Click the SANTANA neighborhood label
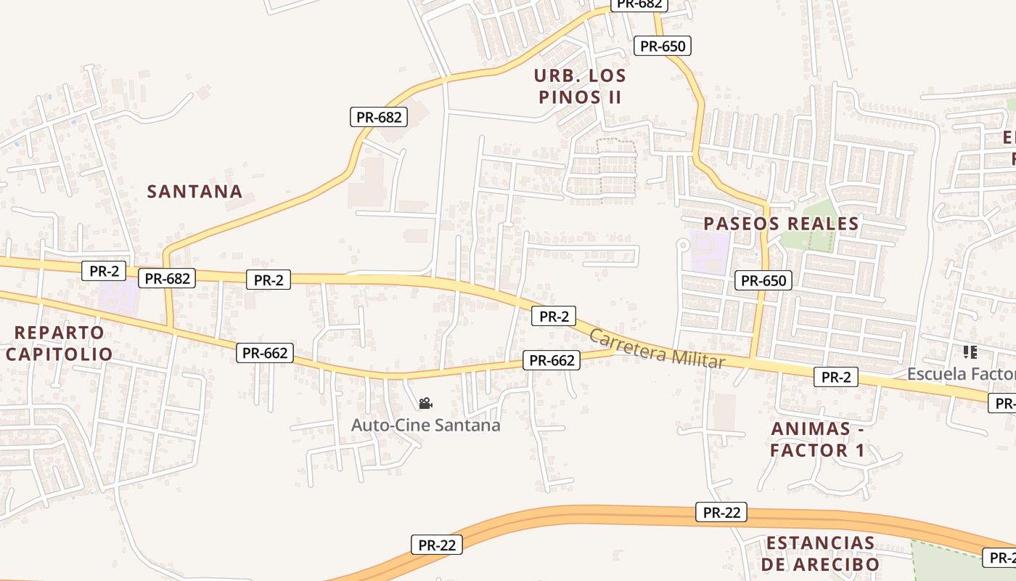point(194,192)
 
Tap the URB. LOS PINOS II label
point(580,86)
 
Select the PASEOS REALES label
point(781,224)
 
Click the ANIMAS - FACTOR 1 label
point(817,439)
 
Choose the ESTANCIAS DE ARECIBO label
point(820,553)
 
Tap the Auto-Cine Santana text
point(425,425)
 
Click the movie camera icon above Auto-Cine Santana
point(425,403)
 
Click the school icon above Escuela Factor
point(970,353)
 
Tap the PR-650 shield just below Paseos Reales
point(763,280)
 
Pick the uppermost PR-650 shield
point(663,46)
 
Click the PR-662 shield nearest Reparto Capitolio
point(266,354)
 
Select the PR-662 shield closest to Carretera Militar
point(552,360)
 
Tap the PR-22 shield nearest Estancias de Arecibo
point(721,512)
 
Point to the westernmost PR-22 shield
point(437,545)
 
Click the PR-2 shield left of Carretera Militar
point(554,316)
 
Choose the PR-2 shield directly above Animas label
point(835,377)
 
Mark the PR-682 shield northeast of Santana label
point(379,116)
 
